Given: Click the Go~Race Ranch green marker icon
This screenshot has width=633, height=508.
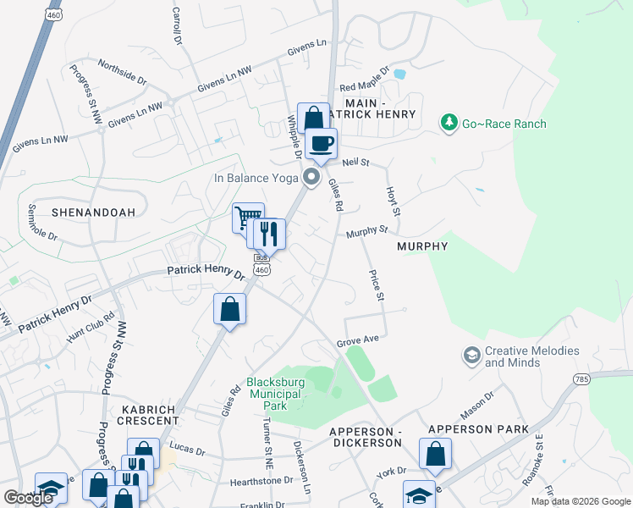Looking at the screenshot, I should pos(449,124).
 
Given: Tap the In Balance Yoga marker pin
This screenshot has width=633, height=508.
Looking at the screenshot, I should pos(311,177).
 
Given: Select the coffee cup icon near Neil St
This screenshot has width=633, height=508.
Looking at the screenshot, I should pos(322,143).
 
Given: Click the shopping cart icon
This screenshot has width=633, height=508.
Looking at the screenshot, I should pos(247,218).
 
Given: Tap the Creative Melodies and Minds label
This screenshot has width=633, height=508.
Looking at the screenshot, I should pos(531,356).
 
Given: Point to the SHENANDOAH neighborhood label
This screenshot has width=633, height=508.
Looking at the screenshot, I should pos(93,213).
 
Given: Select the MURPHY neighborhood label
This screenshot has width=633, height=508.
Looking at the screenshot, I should pos(421,246).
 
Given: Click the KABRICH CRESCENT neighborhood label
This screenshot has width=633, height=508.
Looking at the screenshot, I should pos(146,415).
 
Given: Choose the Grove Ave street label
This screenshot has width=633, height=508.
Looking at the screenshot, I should pos(356,340).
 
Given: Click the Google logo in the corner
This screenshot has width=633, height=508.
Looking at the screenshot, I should pos(28,498).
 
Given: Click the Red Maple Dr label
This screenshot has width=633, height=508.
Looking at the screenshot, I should pos(364,81).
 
